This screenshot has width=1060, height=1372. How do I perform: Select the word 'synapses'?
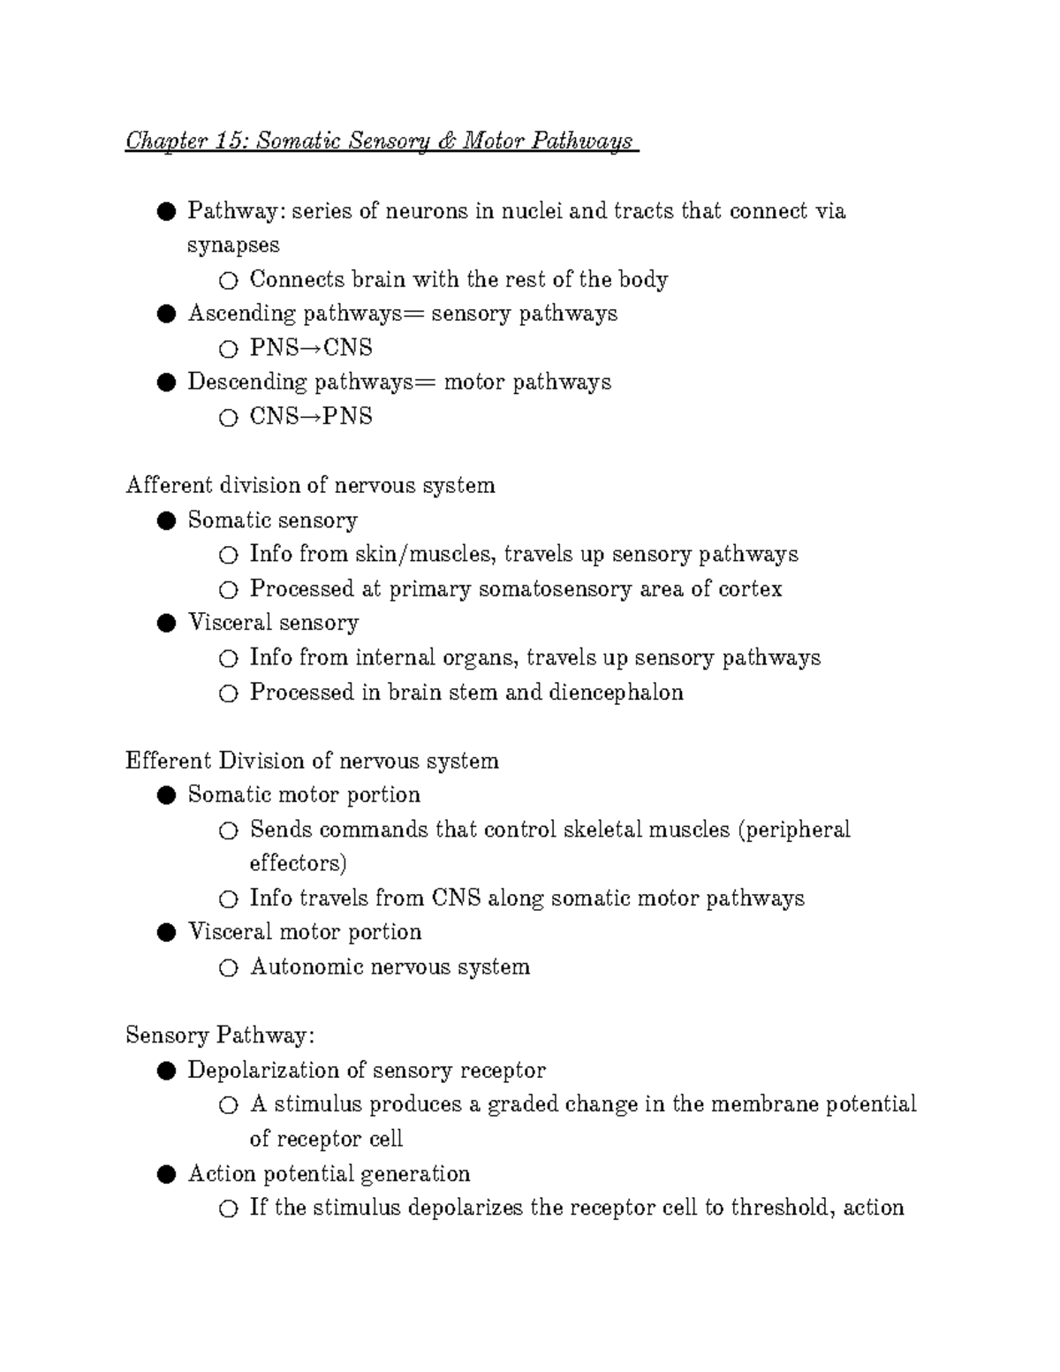pyautogui.click(x=233, y=246)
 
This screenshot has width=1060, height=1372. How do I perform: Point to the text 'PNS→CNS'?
pyautogui.click(x=311, y=348)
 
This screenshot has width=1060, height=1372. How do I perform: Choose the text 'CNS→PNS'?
pyautogui.click(x=311, y=417)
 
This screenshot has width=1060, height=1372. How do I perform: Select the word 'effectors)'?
pyautogui.click(x=298, y=863)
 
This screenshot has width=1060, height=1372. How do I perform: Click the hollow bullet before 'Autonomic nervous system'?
pyautogui.click(x=228, y=968)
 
